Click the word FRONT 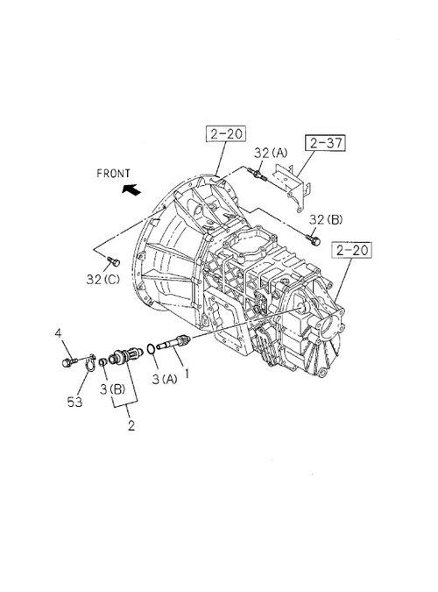(113, 174)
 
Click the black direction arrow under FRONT (131, 189)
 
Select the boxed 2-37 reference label (326, 143)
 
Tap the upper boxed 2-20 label (226, 133)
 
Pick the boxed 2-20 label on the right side (351, 250)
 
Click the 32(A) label (270, 153)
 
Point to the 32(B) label (326, 219)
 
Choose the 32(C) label (102, 280)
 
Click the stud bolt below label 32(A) (258, 175)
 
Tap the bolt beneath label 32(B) (314, 239)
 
